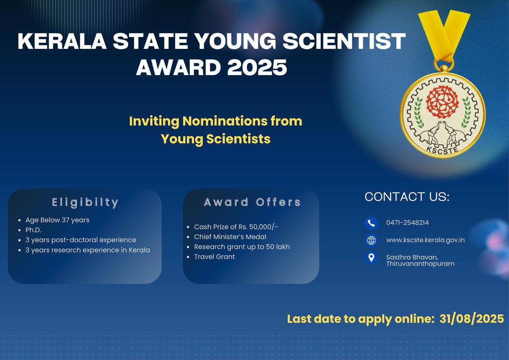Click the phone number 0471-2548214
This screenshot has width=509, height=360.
tap(404, 222)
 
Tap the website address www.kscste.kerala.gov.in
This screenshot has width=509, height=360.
tap(425, 240)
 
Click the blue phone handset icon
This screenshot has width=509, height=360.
tap(371, 223)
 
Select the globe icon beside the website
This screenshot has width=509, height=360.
tap(371, 240)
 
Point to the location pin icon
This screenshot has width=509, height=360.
tap(371, 258)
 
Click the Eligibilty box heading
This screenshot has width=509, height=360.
tap(85, 202)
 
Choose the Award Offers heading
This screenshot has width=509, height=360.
tap(252, 202)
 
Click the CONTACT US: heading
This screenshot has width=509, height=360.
tap(407, 197)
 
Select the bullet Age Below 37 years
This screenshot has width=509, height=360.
tap(57, 220)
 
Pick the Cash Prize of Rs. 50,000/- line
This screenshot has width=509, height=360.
tap(236, 227)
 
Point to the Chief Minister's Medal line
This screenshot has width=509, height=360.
tap(230, 236)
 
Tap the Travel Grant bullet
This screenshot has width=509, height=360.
tap(214, 256)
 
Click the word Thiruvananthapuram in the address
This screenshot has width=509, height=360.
tap(420, 264)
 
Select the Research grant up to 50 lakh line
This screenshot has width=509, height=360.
tap(242, 247)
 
